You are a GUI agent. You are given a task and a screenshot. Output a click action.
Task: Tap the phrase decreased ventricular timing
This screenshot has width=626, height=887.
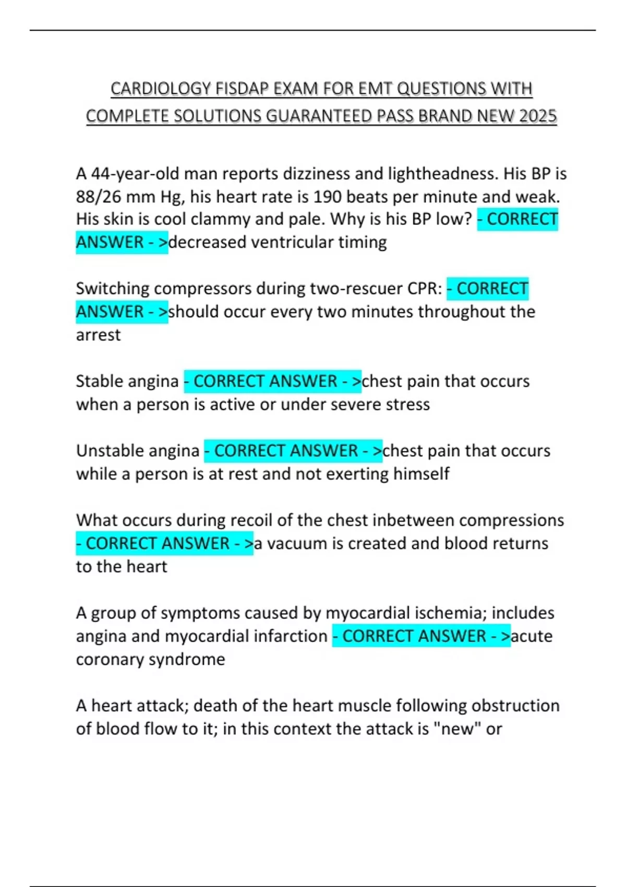[x=278, y=242]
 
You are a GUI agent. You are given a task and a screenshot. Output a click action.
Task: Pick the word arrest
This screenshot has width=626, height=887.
[x=98, y=335]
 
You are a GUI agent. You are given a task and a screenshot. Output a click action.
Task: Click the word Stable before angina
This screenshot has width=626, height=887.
[x=98, y=381]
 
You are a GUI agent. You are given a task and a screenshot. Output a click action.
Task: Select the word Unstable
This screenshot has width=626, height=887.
[x=108, y=451]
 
